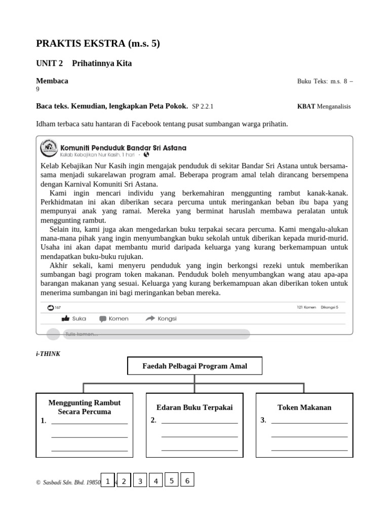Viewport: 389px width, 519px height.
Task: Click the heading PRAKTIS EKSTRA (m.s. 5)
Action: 98,44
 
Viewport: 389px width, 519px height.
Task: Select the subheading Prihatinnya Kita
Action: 102,63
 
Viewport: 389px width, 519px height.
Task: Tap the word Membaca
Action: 52,81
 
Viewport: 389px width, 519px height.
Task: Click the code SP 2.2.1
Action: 203,106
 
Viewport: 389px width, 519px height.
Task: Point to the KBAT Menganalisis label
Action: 324,106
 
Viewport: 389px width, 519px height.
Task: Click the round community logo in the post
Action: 49,148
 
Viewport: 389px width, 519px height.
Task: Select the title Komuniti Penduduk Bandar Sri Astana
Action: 123,147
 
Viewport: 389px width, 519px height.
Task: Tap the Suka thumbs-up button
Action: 73,319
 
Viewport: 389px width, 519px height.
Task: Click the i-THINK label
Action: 48,354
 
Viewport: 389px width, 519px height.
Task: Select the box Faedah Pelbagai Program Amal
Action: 194,366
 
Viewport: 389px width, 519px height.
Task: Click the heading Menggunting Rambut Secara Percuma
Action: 84,407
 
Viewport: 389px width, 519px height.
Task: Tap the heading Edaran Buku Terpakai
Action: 194,407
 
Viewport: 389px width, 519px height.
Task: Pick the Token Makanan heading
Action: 304,407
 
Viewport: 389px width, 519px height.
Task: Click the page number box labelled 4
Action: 156,481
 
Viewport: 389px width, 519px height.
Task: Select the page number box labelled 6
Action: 187,480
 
